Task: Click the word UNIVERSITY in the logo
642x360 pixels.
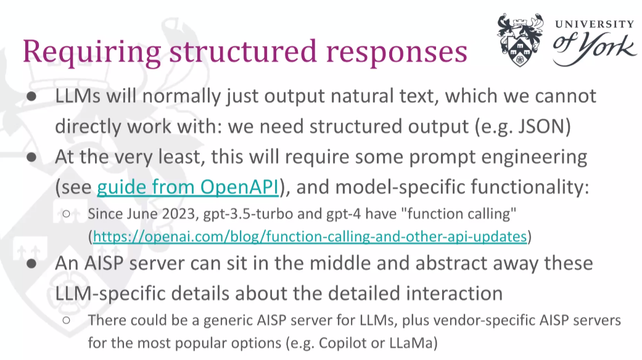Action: [x=595, y=25]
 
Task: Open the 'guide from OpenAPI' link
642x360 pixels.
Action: [x=188, y=187]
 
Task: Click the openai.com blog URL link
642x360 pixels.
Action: [x=310, y=237]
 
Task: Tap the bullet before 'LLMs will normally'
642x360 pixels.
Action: [x=31, y=97]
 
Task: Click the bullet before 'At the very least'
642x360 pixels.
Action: [x=31, y=158]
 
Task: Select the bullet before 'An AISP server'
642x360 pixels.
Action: [x=31, y=264]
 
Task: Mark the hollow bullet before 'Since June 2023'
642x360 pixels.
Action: [x=67, y=214]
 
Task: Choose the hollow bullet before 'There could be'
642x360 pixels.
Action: [x=67, y=321]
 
